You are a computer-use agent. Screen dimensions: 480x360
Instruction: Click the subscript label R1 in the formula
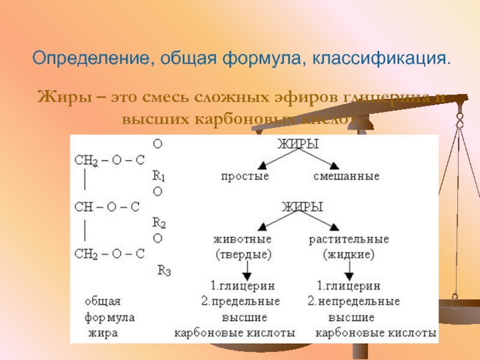(159, 176)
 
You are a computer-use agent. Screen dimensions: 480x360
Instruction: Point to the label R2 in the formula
(159, 223)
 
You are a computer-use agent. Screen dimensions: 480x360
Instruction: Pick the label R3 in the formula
(164, 270)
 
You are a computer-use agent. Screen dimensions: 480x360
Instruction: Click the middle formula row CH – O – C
(106, 207)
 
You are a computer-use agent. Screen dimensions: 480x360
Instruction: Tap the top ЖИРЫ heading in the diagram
(297, 145)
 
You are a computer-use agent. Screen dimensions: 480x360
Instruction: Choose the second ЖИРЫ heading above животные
(302, 208)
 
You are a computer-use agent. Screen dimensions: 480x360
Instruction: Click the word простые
(245, 176)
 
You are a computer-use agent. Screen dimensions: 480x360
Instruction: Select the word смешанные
(346, 176)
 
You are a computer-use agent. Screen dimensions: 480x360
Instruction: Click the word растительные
(349, 239)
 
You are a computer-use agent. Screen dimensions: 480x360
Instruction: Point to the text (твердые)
(244, 254)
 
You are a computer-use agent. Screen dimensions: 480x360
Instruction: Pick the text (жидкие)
(349, 254)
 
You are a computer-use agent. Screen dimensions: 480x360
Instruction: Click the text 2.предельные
(240, 301)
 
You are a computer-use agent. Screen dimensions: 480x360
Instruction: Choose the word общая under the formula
(103, 301)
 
